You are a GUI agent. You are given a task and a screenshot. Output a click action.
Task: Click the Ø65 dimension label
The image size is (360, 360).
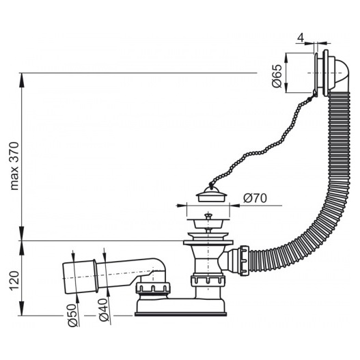(277, 76)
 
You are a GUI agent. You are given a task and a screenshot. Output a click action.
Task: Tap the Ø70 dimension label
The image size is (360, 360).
(255, 198)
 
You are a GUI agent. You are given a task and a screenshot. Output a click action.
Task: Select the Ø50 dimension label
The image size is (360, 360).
(72, 315)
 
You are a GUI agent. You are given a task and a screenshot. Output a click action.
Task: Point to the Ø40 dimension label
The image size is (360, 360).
(104, 310)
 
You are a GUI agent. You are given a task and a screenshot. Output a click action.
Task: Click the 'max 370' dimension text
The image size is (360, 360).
(14, 166)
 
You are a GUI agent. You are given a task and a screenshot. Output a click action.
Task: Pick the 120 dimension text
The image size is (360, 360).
(14, 281)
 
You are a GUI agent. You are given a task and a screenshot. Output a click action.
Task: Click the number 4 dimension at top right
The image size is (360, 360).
(301, 38)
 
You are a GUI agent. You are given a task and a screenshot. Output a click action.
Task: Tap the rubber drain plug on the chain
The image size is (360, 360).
(212, 194)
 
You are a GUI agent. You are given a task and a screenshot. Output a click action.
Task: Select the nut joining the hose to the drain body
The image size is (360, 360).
(245, 260)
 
